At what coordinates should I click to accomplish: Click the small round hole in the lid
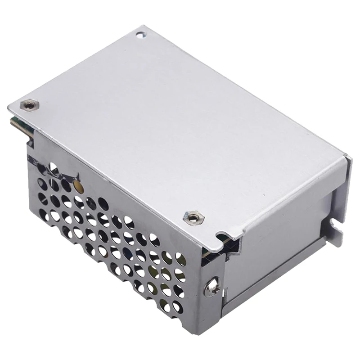(140, 34)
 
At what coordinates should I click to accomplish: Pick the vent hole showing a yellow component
(78, 185)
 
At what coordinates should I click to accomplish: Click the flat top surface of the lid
(180, 126)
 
